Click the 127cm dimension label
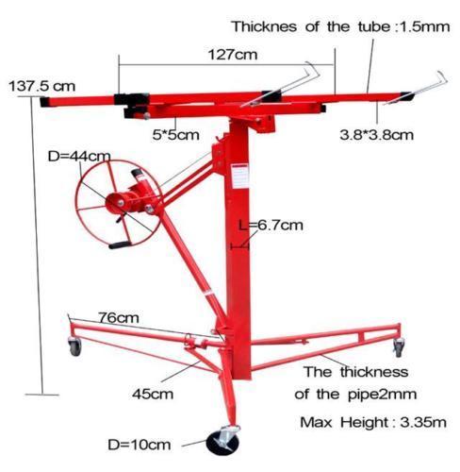233,55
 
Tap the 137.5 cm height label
42,86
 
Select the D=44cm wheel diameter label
79,156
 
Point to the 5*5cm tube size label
176,135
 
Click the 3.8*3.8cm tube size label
376,135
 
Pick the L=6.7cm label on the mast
271,226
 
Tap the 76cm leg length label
119,318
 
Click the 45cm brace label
153,394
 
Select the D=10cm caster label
140,445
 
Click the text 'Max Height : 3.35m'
373,422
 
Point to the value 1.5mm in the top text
424,26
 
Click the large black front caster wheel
222,443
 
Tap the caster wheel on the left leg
75,346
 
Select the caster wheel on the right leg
399,347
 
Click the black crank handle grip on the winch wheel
120,244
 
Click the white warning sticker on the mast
239,177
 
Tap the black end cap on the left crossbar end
45,102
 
